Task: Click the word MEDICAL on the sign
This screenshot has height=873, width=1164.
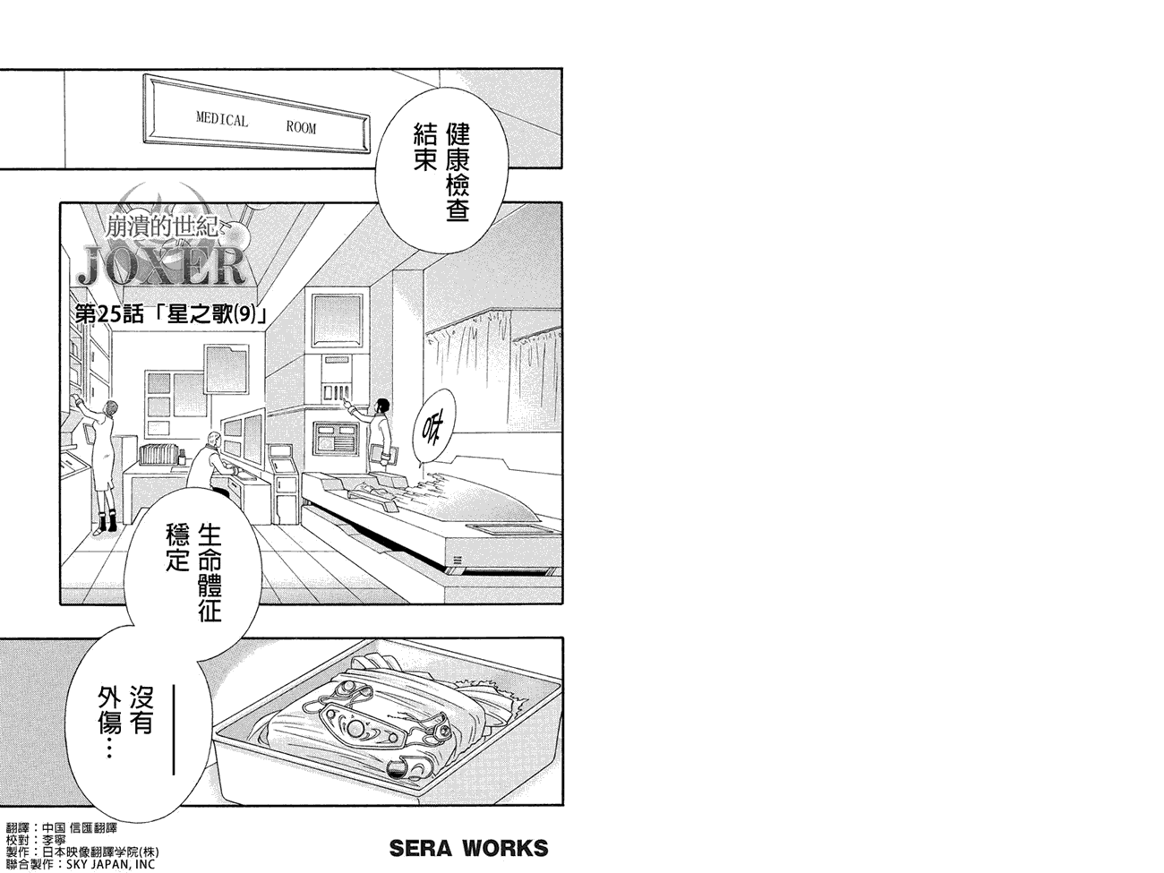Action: pos(222,120)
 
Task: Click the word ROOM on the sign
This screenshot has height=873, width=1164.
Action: pos(301,127)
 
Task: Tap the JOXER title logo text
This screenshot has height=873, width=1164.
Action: pos(160,265)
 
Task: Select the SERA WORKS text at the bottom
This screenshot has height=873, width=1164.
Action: pos(467,847)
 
